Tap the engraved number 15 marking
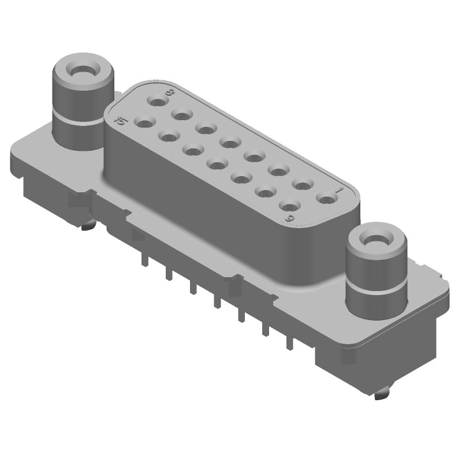click(120, 120)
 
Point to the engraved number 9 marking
click(290, 218)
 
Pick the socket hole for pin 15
click(143, 122)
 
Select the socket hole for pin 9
click(289, 206)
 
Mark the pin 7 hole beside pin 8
click(182, 115)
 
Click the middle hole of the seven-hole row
click(217, 165)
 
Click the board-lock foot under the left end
click(87, 226)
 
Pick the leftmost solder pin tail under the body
click(145, 260)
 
